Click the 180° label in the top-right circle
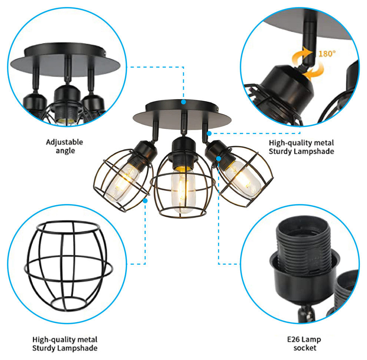[x=327, y=54]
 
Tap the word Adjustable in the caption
[x=65, y=142]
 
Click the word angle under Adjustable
[x=65, y=151]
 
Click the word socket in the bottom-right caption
[x=305, y=348]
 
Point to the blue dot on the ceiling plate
[x=183, y=102]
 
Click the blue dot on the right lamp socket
[x=219, y=159]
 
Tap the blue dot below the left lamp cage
[x=145, y=201]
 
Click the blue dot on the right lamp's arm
[x=209, y=133]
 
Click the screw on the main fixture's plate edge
[x=218, y=109]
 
